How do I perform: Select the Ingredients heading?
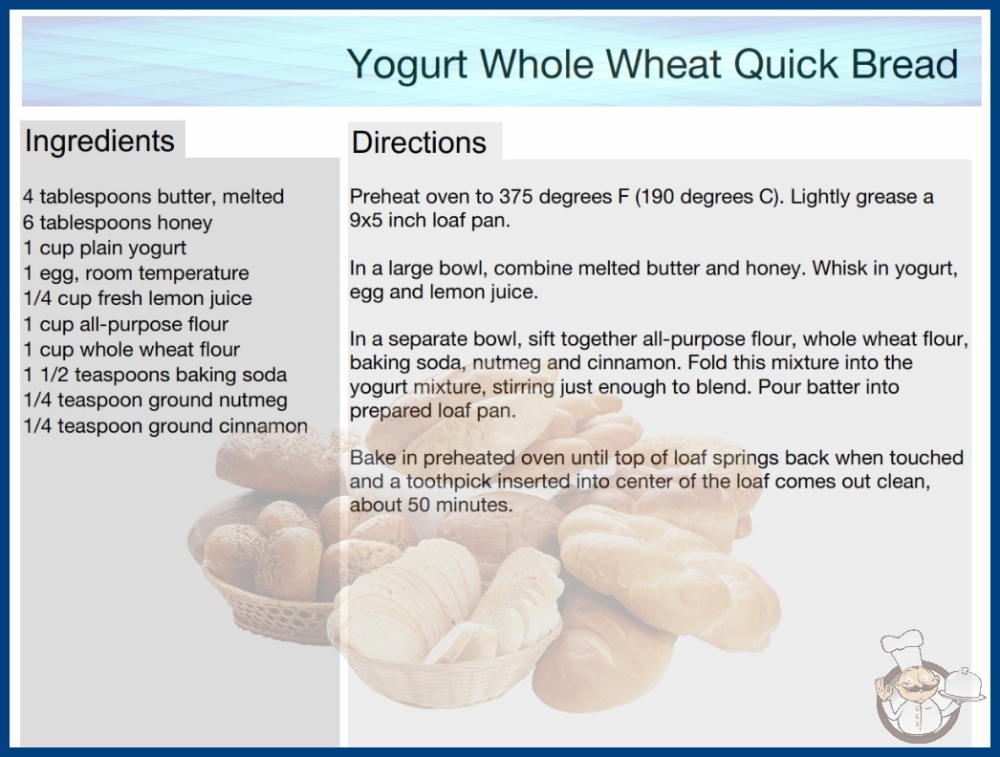(99, 141)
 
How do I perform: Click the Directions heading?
(419, 142)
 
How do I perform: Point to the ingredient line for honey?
(118, 223)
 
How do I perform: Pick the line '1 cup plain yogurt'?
(104, 249)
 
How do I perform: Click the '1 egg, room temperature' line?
(136, 273)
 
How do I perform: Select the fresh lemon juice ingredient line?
(138, 298)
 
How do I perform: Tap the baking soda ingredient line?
(155, 375)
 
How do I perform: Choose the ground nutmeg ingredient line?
(155, 400)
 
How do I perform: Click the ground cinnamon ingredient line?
(165, 426)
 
